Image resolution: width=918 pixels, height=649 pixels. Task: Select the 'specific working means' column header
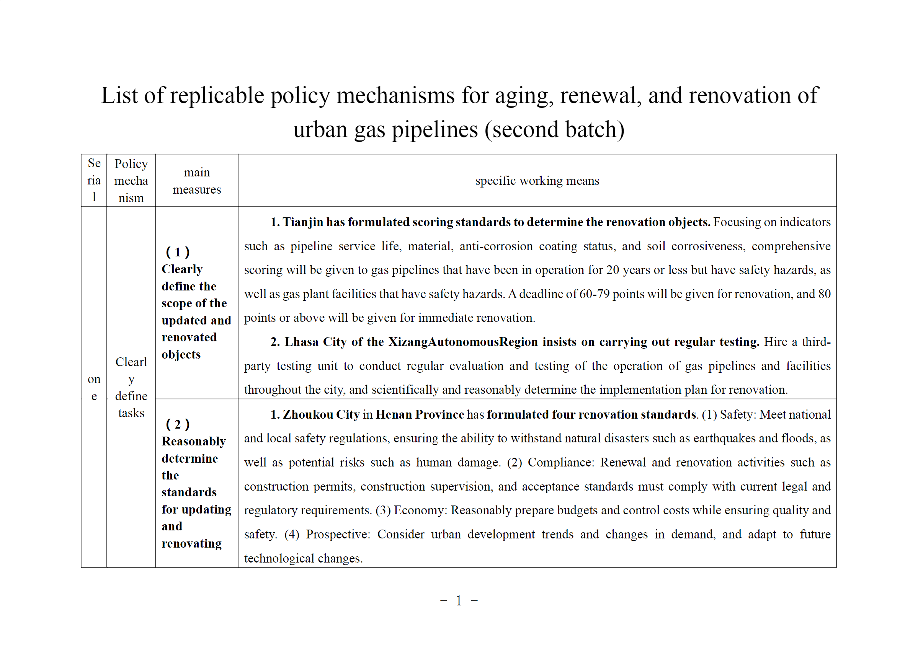coord(537,181)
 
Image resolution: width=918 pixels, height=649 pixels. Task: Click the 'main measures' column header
coord(196,181)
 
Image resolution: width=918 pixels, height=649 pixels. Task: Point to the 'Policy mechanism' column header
coord(131,181)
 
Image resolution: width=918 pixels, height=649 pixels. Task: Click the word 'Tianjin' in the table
coord(303,222)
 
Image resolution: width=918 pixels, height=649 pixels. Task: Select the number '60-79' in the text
coord(594,294)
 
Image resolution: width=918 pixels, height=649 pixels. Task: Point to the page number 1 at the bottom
coord(459,600)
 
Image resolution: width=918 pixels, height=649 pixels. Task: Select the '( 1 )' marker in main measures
coord(178,252)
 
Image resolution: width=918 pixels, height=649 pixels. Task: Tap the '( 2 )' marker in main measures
coord(178,424)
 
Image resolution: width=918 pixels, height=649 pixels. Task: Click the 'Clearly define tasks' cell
coord(131,387)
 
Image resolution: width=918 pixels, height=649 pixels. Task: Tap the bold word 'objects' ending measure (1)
coord(181,354)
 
